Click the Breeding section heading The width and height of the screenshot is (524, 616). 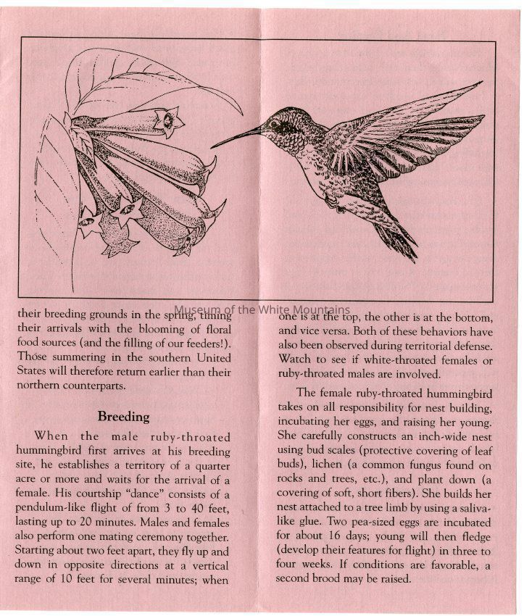[x=124, y=417]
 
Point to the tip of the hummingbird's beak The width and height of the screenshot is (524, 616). [x=212, y=146]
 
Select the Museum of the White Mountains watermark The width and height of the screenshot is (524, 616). [x=262, y=309]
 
